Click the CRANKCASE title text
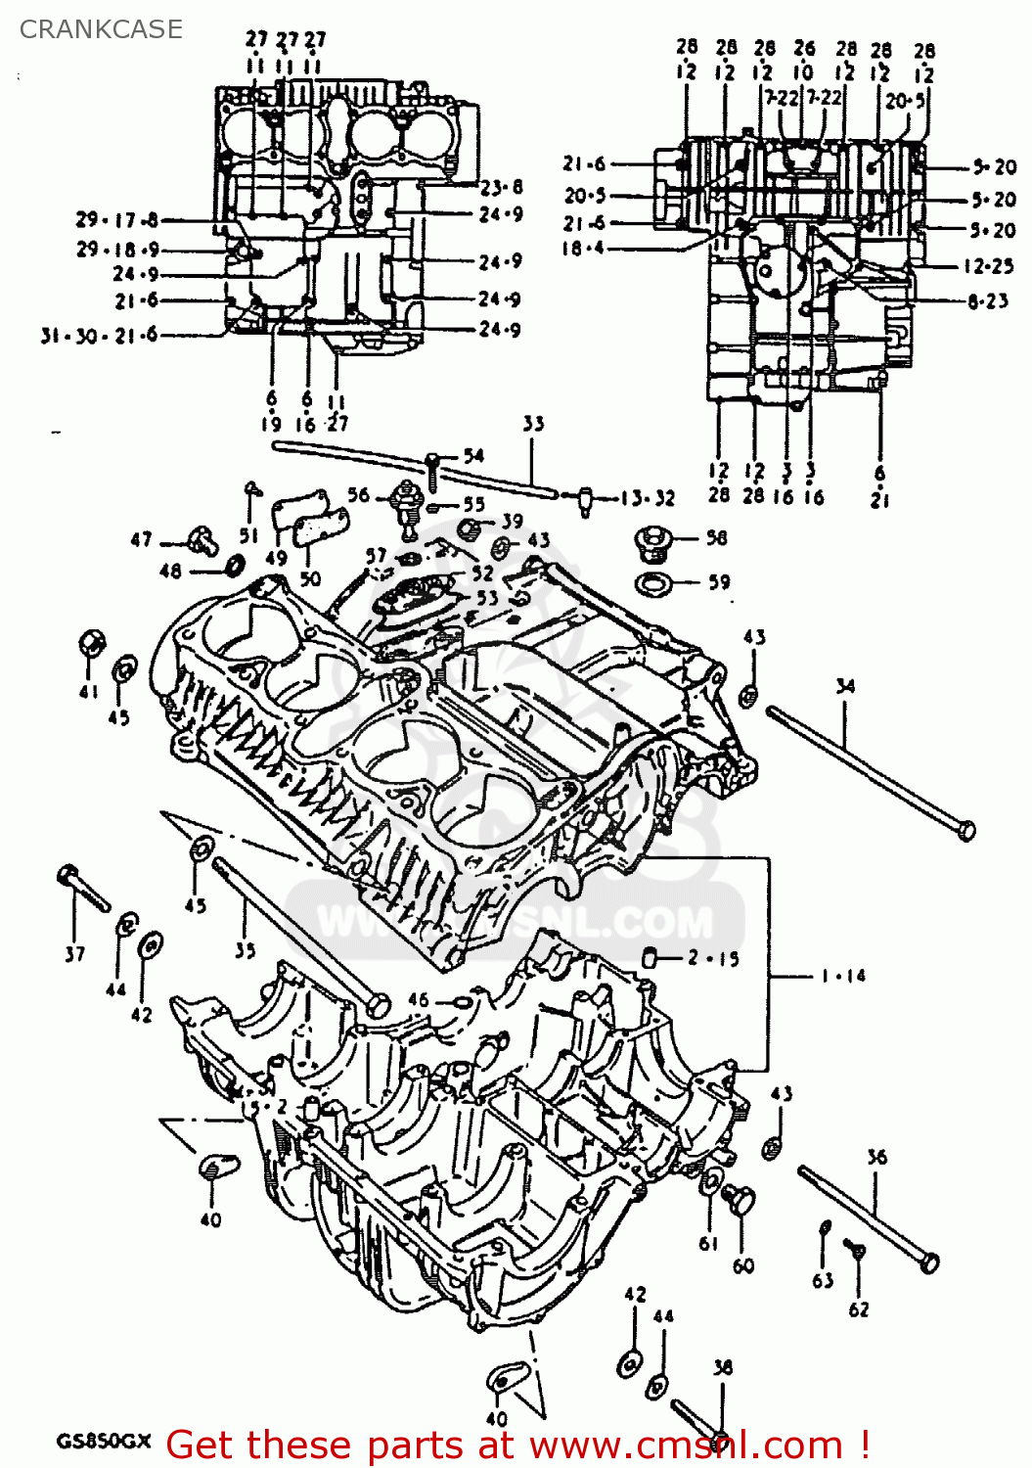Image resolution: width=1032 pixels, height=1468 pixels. [101, 29]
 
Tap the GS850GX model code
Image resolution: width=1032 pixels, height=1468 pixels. [104, 1442]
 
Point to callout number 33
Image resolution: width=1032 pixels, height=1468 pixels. [533, 424]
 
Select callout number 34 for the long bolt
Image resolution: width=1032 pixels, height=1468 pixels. [845, 686]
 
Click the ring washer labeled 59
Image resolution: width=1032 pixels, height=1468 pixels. [652, 584]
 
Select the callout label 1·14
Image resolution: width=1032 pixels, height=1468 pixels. [842, 976]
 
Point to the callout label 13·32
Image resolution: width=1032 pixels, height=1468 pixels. [648, 498]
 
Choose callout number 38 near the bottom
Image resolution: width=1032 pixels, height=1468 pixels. [722, 1367]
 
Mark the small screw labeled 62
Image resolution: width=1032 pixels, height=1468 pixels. [855, 1250]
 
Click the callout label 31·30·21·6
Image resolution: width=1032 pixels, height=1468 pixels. [99, 336]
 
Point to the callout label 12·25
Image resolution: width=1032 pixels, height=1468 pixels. [988, 265]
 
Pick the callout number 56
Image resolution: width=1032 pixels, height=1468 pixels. [359, 494]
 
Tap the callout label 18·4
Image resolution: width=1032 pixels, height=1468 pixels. [583, 249]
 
